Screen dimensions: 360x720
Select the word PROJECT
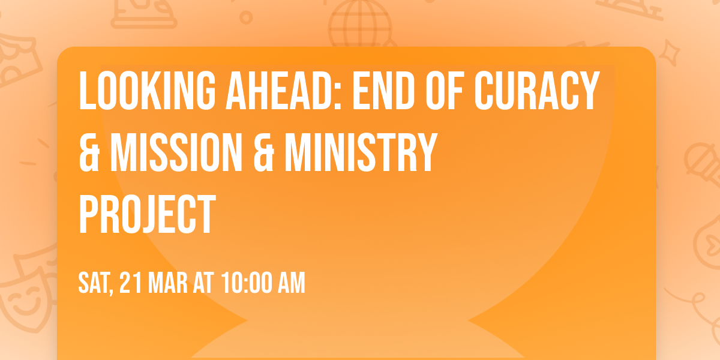coord(147,215)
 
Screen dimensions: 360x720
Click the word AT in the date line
coord(203,283)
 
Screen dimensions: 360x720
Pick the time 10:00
coord(247,283)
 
